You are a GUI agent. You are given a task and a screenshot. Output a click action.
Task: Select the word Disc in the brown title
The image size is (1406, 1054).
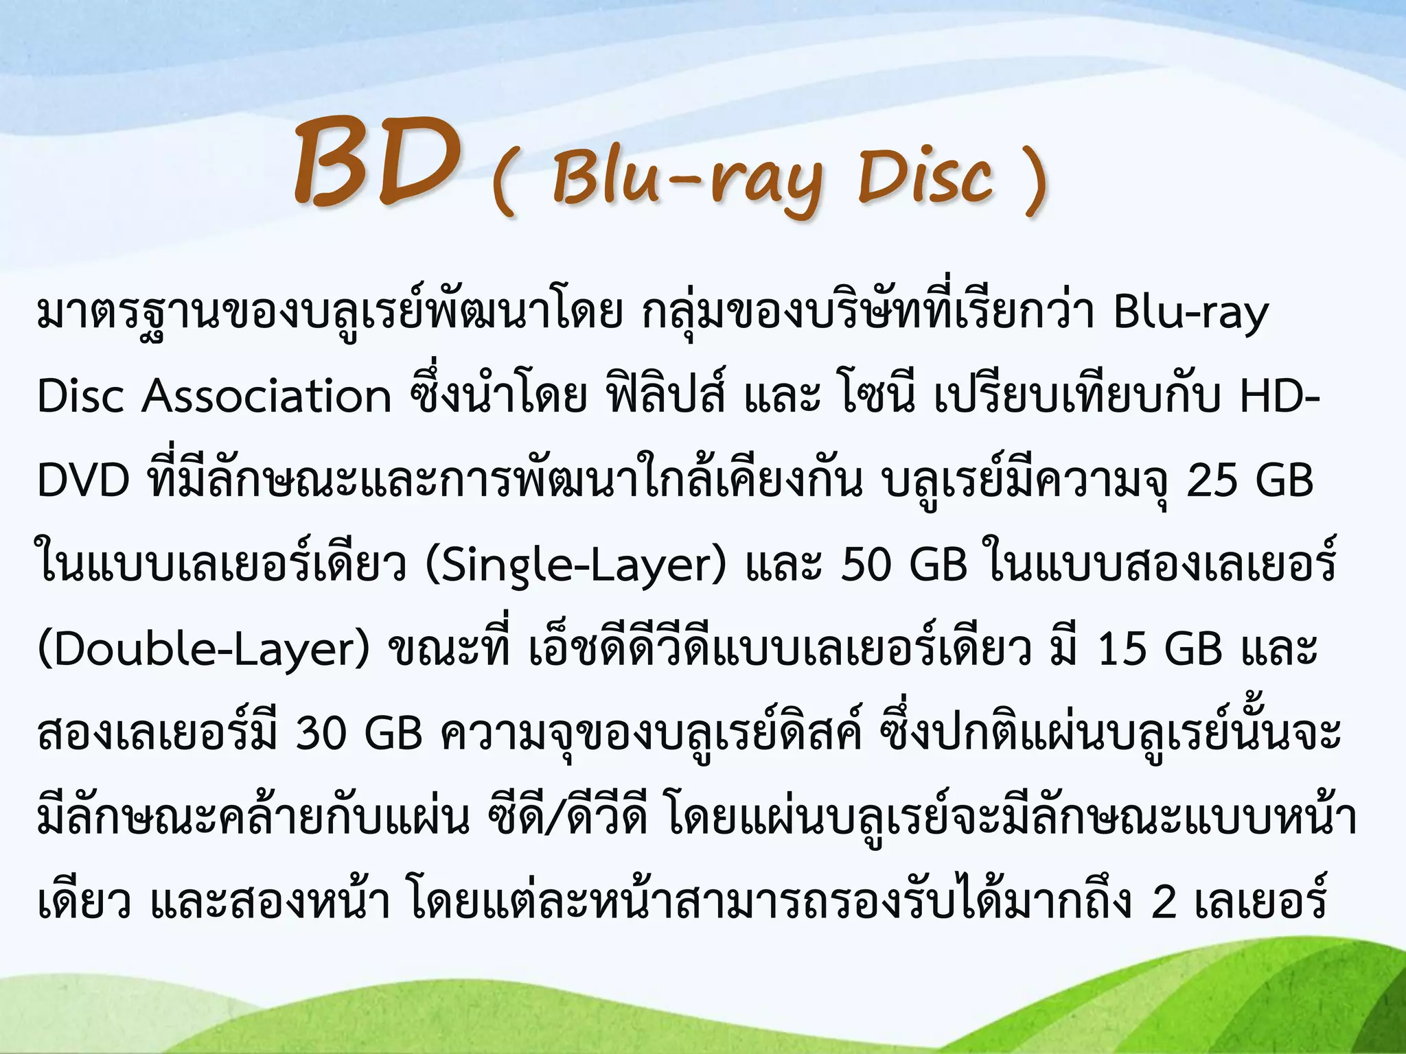coord(925,177)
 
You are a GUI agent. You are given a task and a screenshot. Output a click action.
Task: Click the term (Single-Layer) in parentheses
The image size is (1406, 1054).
coord(575,566)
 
